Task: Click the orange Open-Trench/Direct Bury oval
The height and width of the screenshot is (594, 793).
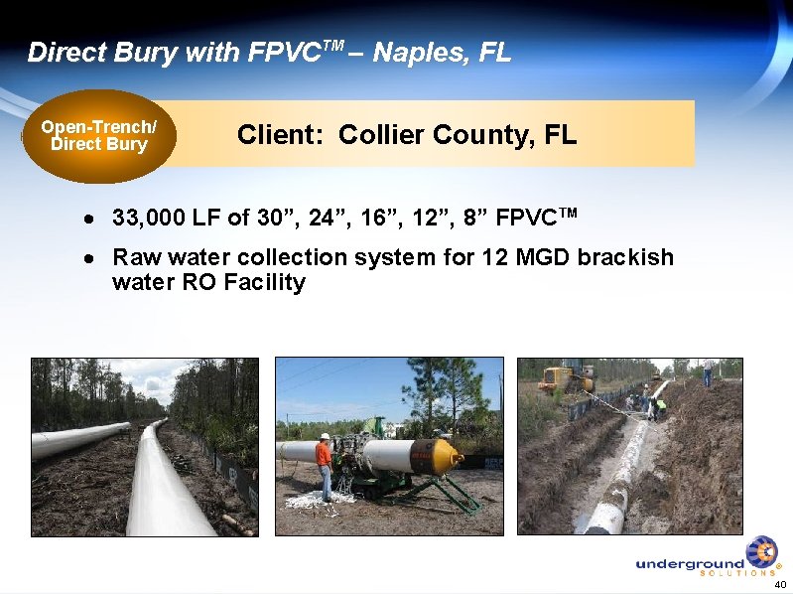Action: click(x=98, y=136)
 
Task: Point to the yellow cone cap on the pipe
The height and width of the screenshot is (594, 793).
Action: click(x=445, y=455)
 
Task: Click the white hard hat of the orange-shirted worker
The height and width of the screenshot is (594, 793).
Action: click(x=324, y=436)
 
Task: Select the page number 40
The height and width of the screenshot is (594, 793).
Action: click(x=779, y=584)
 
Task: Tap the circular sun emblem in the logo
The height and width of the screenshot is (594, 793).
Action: click(x=761, y=551)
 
